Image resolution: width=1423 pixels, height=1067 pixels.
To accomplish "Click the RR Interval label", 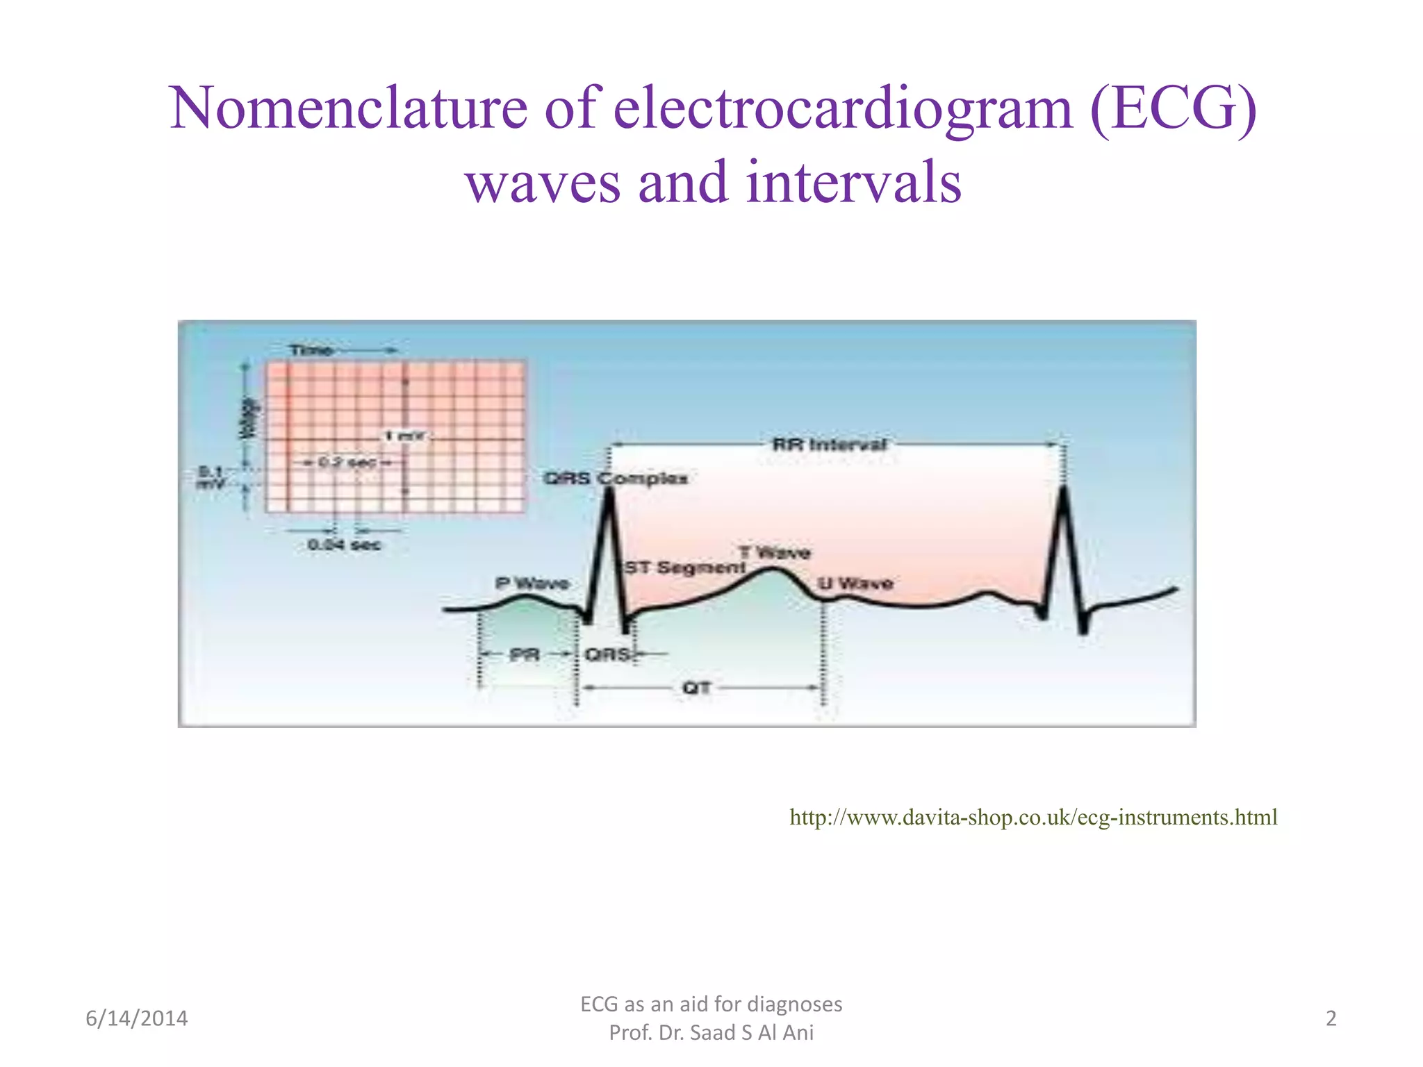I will (x=830, y=445).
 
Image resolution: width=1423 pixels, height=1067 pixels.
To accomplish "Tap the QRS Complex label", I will (x=615, y=479).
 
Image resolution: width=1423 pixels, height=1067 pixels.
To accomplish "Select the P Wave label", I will (x=532, y=584).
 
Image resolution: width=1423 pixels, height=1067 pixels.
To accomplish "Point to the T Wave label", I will (x=774, y=553).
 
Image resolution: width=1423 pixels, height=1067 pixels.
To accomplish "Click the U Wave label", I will (x=855, y=584).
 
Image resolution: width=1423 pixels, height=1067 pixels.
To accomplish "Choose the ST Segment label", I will (x=684, y=568).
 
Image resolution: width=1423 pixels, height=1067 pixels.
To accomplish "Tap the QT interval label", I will (x=696, y=688).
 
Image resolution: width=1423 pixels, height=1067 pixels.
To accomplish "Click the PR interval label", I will (x=525, y=654).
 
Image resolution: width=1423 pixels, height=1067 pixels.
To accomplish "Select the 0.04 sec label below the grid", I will (x=344, y=545).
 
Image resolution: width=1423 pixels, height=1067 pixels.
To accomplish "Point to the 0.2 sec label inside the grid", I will (x=347, y=462).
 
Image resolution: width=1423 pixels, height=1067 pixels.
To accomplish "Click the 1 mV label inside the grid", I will (x=404, y=436).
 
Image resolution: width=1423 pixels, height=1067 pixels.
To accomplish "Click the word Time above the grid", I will (x=311, y=350).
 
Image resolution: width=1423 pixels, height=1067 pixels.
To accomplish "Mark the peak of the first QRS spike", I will (x=609, y=490).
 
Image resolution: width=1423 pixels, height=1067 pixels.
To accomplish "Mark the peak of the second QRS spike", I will (x=1064, y=488).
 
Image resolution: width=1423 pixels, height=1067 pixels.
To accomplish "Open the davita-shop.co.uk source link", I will (x=1033, y=817).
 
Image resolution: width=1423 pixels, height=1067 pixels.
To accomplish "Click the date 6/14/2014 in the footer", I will (x=136, y=1018).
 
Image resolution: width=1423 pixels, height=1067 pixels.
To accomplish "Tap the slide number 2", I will (x=1331, y=1018).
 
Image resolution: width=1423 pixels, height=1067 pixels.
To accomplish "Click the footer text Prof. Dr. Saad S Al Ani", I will (x=711, y=1033).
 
